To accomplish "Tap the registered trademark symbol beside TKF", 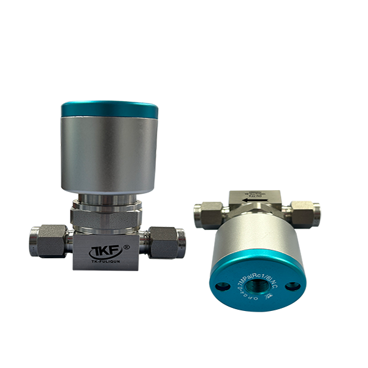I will click(126, 247).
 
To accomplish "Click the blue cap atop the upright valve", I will click(110, 110).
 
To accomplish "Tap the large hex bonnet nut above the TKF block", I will click(109, 216).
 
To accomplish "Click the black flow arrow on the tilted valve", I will click(248, 199).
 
